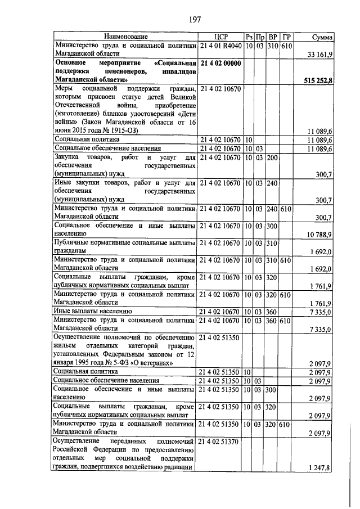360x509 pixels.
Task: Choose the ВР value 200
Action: click(273, 158)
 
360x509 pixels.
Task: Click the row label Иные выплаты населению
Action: click(93, 310)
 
